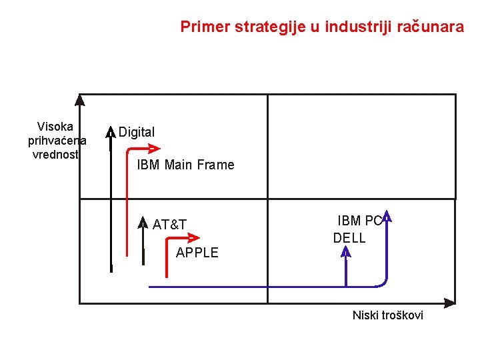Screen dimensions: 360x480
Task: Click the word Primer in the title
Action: [203, 27]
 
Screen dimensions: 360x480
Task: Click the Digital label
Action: [137, 132]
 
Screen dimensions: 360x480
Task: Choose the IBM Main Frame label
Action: [185, 165]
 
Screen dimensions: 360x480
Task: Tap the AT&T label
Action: [169, 225]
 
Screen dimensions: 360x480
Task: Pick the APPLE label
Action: [197, 252]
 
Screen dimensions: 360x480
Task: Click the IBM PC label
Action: [359, 221]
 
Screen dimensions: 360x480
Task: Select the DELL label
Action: [349, 238]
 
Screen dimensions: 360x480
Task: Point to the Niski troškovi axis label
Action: [387, 315]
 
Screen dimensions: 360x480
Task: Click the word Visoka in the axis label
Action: [55, 126]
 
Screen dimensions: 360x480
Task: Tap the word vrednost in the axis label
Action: [55, 154]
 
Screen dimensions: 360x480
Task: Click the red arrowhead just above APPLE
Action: [194, 237]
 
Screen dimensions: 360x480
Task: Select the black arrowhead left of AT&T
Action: [143, 221]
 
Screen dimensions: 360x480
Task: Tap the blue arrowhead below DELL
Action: [346, 251]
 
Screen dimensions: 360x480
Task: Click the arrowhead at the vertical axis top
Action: [80, 100]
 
